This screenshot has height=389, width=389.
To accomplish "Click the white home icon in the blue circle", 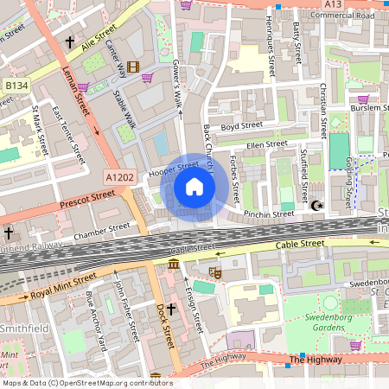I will click(194, 187).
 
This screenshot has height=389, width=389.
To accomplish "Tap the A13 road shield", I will click(334, 4).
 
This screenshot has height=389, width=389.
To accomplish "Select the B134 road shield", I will click(15, 86).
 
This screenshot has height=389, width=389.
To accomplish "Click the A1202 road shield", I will click(119, 177).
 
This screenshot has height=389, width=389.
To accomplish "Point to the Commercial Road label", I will click(342, 16).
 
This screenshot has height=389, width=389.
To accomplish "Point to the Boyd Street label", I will click(241, 126).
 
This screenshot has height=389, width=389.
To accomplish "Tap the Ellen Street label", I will click(265, 144).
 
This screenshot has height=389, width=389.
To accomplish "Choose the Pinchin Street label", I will click(269, 213).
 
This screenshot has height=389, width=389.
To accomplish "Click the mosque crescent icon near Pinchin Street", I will click(316, 206).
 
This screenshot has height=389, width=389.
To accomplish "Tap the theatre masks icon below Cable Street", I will click(215, 272).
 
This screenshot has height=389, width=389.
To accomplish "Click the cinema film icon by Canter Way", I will click(131, 67).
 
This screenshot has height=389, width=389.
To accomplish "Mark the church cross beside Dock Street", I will click(171, 309).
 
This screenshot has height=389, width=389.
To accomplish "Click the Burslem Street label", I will click(369, 106).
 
